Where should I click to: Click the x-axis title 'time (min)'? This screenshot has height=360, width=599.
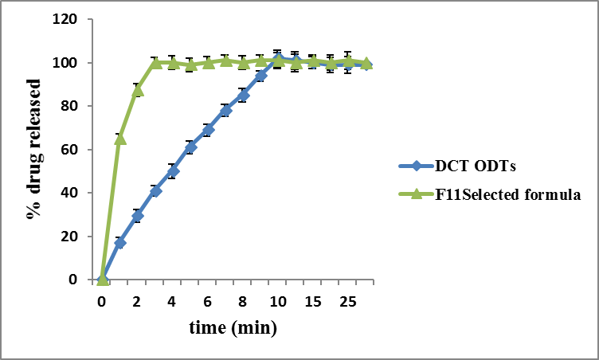pyautogui.click(x=233, y=327)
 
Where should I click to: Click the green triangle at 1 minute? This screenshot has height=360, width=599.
pyautogui.click(x=120, y=139)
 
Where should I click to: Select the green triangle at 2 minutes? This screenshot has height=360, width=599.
pyautogui.click(x=138, y=90)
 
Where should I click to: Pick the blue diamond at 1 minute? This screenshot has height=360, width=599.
pyautogui.click(x=120, y=242)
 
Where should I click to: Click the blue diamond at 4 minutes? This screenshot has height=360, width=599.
pyautogui.click(x=173, y=170)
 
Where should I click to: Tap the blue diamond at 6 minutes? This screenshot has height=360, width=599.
pyautogui.click(x=208, y=129)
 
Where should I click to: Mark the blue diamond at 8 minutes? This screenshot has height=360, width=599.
pyautogui.click(x=243, y=96)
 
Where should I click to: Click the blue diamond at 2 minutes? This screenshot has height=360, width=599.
pyautogui.click(x=138, y=216)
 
